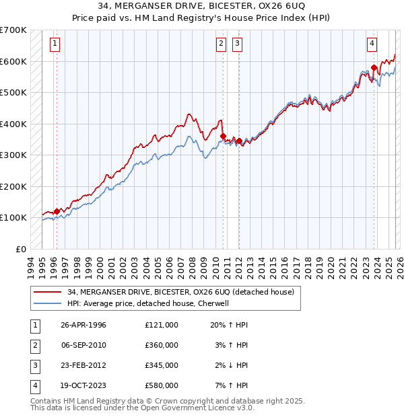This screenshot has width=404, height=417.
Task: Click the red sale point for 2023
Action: (x=374, y=67)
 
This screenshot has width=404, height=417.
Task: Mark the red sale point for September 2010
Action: (x=223, y=136)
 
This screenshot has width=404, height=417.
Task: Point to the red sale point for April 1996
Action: (x=57, y=211)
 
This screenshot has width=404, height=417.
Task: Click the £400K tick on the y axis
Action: (x=13, y=124)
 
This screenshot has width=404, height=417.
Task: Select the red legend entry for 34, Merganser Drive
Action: (x=180, y=293)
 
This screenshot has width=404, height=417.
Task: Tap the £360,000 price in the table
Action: (x=162, y=344)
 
